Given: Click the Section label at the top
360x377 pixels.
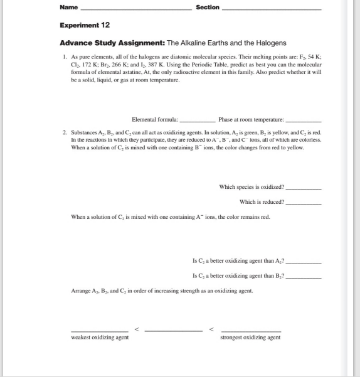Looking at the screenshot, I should [x=208, y=8].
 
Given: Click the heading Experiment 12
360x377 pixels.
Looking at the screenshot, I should [x=85, y=25].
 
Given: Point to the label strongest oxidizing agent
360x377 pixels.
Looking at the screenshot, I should [x=251, y=337].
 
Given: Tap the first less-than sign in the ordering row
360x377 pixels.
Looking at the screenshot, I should [x=137, y=327].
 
